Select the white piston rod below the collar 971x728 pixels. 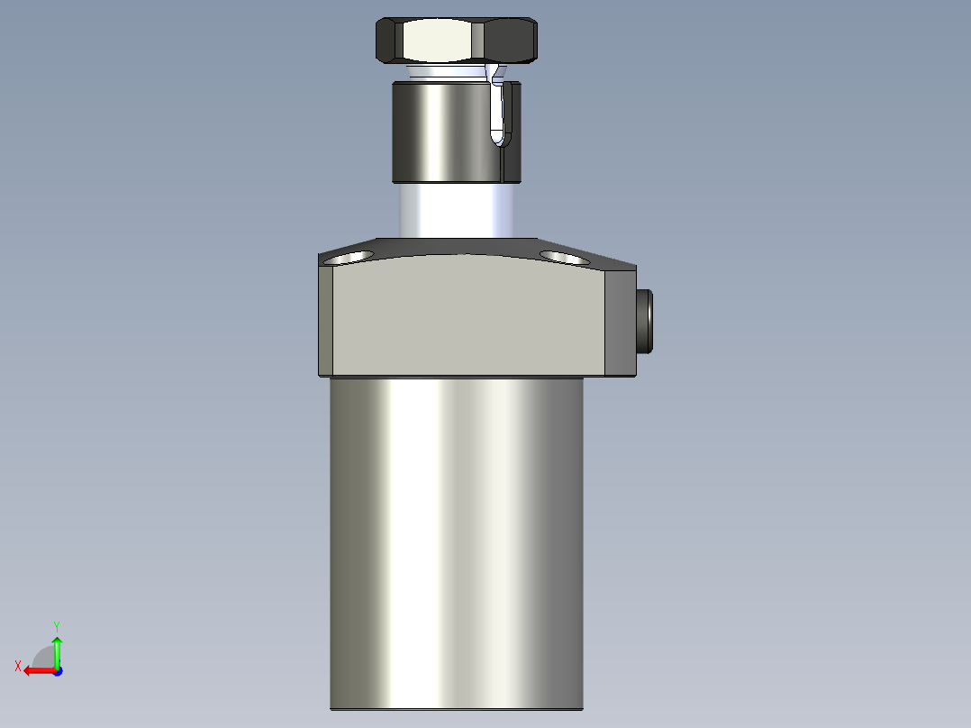click(457, 210)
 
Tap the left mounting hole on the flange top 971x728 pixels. click(349, 257)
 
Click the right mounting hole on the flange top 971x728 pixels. click(564, 258)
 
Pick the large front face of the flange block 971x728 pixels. click(468, 316)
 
